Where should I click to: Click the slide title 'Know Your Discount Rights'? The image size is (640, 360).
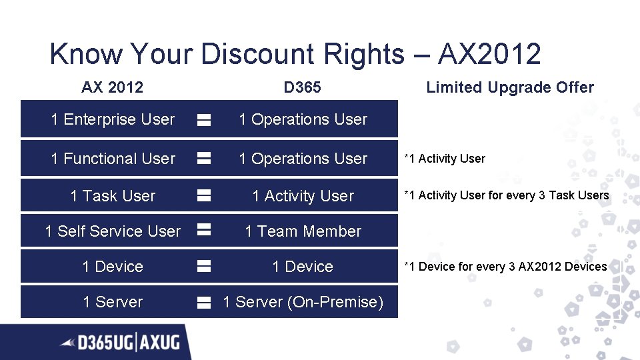(x=227, y=54)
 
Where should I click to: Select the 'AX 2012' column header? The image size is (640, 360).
(x=112, y=87)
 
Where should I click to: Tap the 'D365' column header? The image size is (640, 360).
(x=302, y=87)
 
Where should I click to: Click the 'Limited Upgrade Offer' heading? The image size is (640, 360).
(x=510, y=87)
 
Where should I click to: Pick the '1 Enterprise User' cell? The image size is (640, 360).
(x=113, y=119)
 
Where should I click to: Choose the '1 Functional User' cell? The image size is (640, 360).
(x=113, y=159)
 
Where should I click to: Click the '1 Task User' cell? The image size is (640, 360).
(x=113, y=196)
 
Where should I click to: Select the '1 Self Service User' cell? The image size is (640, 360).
(x=113, y=231)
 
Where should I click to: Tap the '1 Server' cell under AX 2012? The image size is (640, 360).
(x=113, y=302)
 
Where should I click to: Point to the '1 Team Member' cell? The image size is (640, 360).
(x=303, y=231)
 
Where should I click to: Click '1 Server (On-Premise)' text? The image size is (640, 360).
(x=303, y=302)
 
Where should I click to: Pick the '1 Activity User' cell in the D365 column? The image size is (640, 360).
(x=303, y=196)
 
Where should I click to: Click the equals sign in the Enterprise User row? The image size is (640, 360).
(x=204, y=120)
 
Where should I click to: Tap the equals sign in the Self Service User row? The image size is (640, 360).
(x=204, y=231)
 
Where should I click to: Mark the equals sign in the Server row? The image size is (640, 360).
(x=204, y=302)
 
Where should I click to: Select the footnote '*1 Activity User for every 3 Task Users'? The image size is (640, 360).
(x=507, y=195)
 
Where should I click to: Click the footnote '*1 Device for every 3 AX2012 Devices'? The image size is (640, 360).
(x=505, y=267)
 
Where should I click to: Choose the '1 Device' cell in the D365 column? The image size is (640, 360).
(x=303, y=267)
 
